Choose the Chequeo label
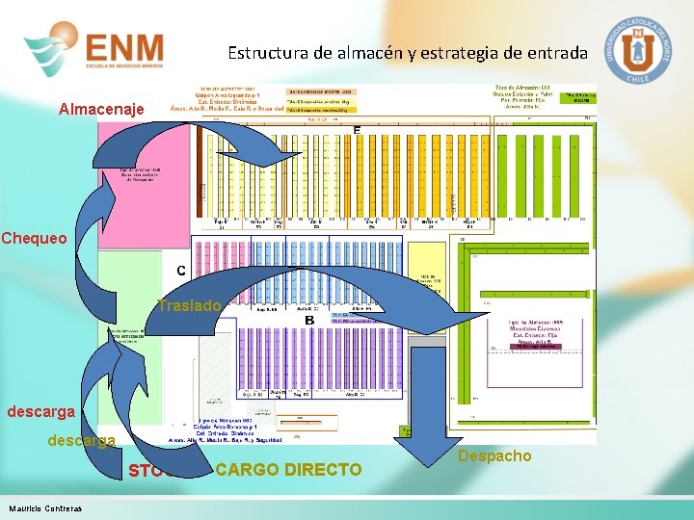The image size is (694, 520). click(35, 238)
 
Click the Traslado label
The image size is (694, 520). click(190, 305)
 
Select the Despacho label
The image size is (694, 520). click(494, 455)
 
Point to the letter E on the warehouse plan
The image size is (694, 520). click(357, 130)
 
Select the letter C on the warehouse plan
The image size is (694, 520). click(180, 271)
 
